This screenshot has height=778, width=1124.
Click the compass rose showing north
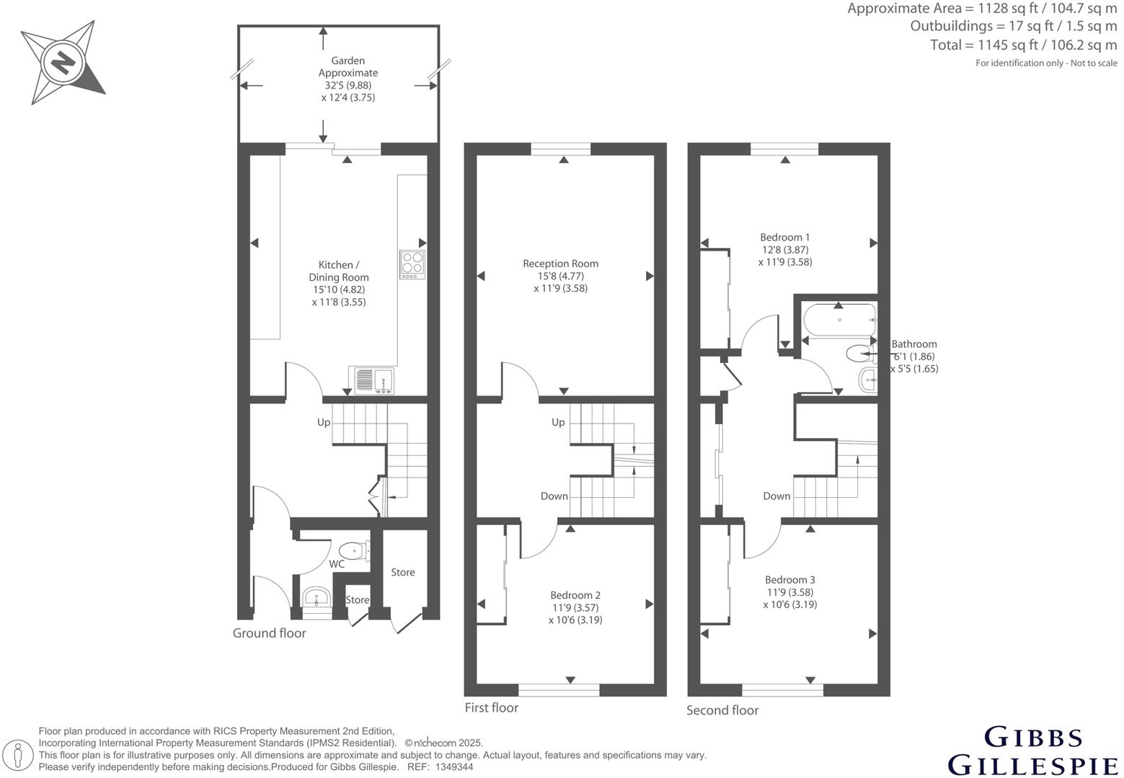[63, 63]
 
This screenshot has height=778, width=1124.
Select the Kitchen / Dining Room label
[339, 283]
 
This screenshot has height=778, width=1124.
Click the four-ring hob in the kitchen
[412, 264]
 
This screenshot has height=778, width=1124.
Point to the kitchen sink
[372, 379]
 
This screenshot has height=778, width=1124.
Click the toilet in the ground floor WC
[353, 551]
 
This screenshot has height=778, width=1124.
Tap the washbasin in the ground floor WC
[317, 597]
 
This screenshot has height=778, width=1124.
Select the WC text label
[337, 564]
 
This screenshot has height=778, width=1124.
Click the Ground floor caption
[269, 633]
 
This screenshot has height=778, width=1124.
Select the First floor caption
[491, 707]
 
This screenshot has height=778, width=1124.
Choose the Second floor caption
[722, 710]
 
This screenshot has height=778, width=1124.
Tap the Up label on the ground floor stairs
[324, 422]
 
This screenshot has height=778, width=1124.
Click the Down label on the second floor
[776, 496]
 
